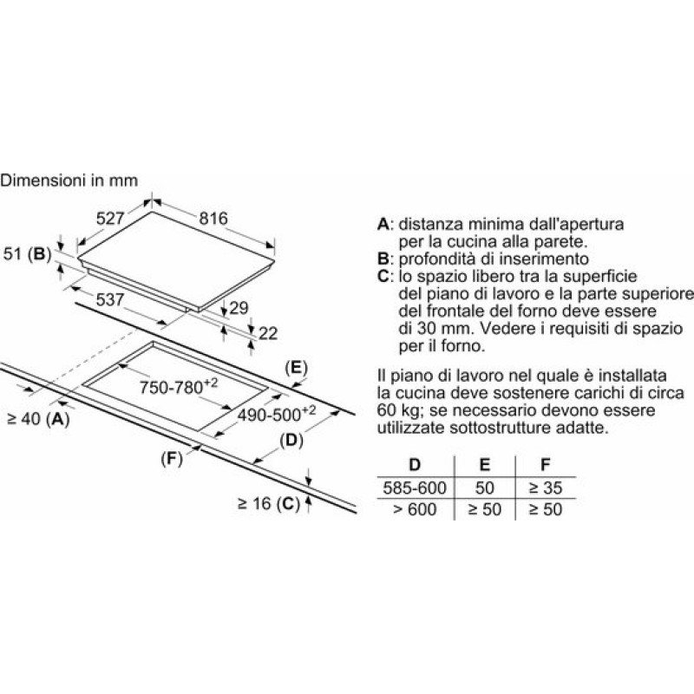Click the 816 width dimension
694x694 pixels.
coord(213,219)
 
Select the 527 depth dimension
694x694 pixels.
coord(110,219)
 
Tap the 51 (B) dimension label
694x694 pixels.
coord(28,253)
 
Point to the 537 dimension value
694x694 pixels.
coord(110,299)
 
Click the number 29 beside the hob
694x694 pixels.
coord(239,308)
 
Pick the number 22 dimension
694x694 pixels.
coord(268,333)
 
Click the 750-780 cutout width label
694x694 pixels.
coord(179,386)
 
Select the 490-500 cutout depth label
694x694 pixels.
coord(277,414)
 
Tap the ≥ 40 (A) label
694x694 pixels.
coord(39,419)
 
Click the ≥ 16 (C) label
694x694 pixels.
coord(269,503)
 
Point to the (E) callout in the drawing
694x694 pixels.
coord(296,368)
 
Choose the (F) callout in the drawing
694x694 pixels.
coord(172,459)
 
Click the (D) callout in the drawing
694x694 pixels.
coord(291,441)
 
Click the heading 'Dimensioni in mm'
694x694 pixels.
coord(69,180)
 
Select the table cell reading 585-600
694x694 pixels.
coord(415,488)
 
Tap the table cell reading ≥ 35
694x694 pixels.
coord(546,488)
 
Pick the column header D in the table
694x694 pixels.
coord(415,465)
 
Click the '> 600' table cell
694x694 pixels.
coord(415,509)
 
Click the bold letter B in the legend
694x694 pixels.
coord(383,259)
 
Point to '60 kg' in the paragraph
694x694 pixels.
coord(396,410)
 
